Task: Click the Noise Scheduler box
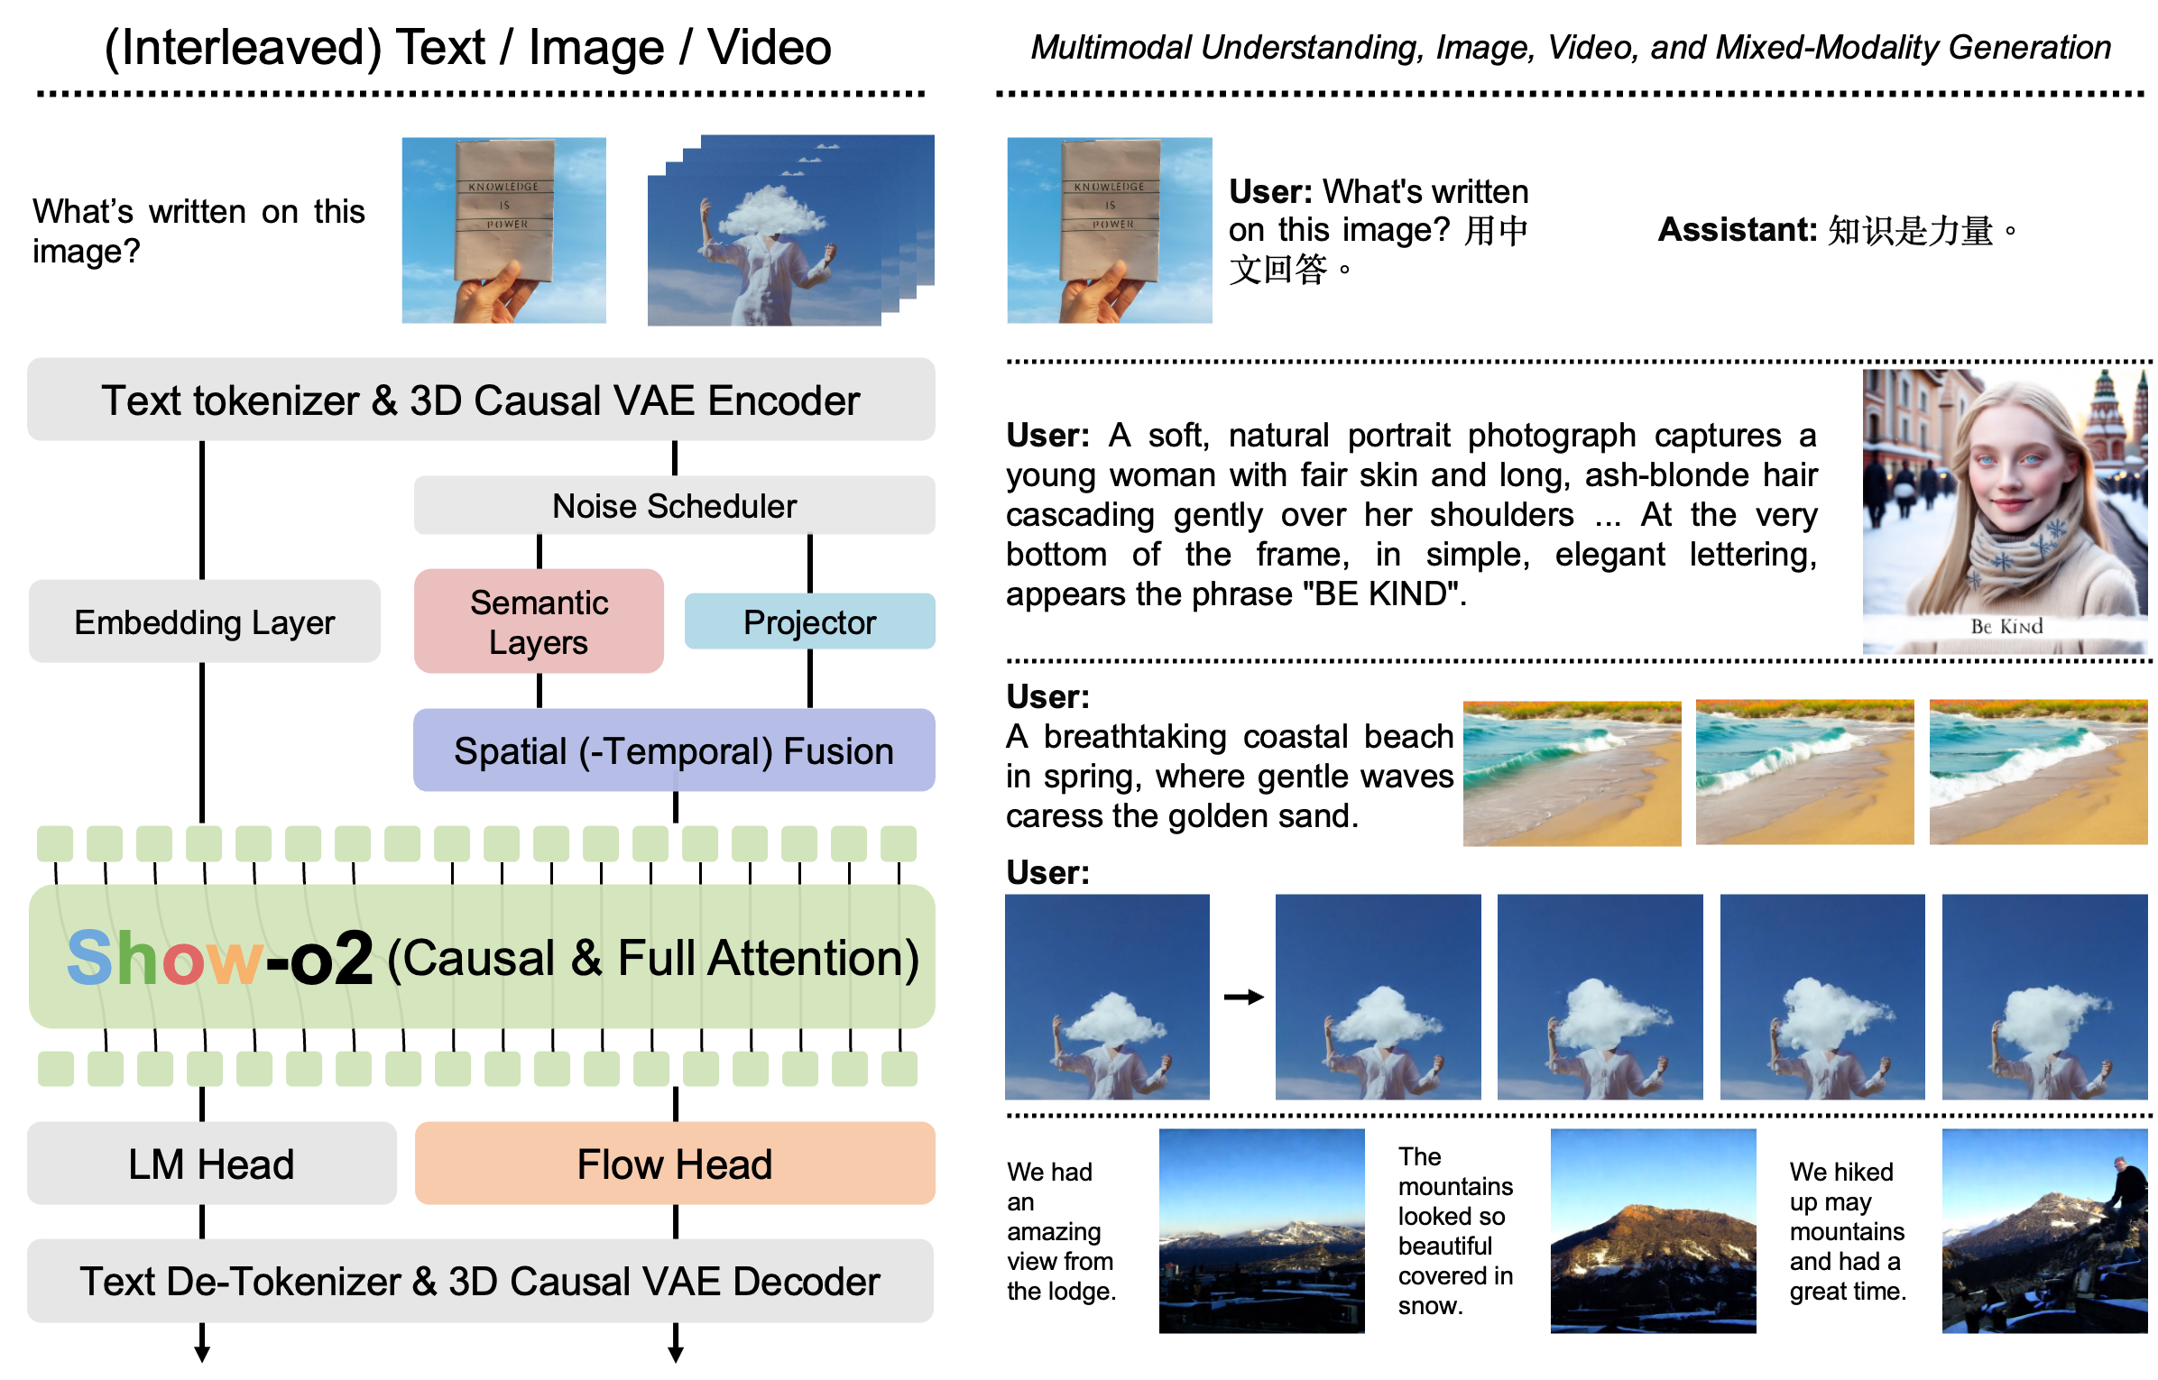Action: [674, 506]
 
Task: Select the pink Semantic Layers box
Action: [539, 621]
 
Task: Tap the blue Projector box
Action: [809, 621]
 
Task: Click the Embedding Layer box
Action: [205, 621]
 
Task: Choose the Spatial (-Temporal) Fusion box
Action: [674, 750]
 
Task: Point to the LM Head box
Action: [211, 1164]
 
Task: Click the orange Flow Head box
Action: [675, 1164]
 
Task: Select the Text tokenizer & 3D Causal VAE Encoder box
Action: [481, 400]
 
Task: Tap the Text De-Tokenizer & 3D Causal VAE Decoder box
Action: [480, 1281]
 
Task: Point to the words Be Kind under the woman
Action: [2006, 626]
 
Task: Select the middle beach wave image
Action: [1804, 772]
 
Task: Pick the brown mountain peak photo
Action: [1653, 1230]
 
